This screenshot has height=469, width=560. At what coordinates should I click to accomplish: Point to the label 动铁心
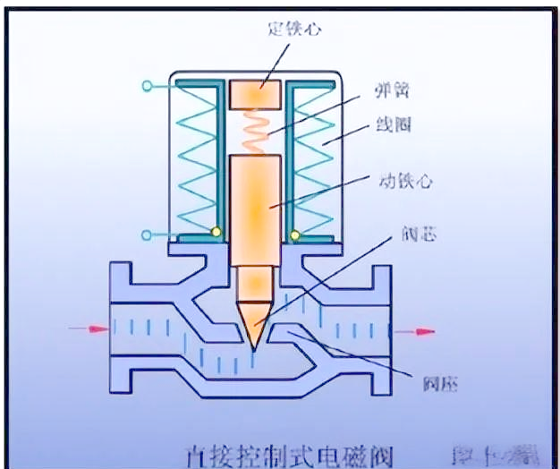point(409,181)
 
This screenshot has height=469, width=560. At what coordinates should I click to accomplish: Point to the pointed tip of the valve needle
point(254,345)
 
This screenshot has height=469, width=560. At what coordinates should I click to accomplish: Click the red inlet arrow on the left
point(89,329)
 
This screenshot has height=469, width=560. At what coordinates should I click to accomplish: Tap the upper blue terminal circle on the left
point(146,86)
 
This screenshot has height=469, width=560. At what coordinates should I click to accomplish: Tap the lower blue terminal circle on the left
point(146,234)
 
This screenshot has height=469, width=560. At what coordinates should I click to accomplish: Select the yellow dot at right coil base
point(294,234)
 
